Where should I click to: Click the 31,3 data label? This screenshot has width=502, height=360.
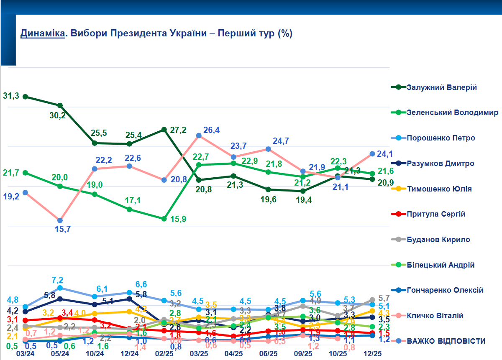coord(11,95)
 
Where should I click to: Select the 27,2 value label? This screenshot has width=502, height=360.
coord(178,130)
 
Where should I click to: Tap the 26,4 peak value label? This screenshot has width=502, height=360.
coord(212,130)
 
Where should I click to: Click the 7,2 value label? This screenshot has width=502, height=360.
coord(57,280)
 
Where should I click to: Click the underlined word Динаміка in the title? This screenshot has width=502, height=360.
coord(43,33)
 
